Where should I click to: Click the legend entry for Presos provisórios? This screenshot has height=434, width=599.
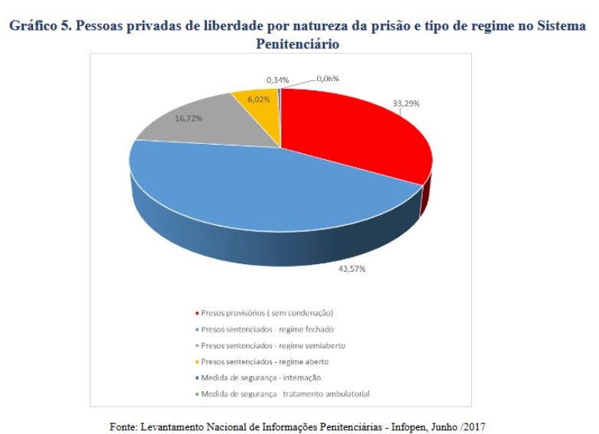pyautogui.click(x=267, y=313)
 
